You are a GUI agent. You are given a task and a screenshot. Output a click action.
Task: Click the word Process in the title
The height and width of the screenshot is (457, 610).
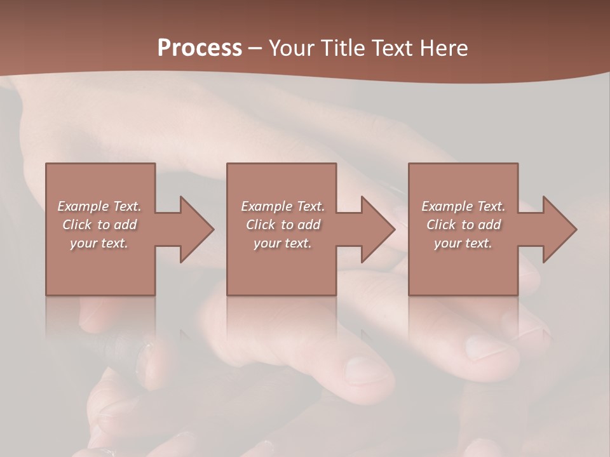200,48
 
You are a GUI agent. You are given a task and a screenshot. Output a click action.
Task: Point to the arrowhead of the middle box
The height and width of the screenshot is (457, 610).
377,229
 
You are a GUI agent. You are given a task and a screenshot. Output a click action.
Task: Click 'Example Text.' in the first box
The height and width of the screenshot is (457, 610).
99,206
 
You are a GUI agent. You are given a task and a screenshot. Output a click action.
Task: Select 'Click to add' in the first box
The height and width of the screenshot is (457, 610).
99,225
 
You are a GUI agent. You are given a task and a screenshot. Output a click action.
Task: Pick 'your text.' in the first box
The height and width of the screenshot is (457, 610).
99,243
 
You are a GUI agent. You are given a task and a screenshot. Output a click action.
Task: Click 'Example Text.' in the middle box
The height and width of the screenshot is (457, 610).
283,206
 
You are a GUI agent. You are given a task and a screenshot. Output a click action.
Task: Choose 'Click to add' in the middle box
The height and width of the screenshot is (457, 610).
283,225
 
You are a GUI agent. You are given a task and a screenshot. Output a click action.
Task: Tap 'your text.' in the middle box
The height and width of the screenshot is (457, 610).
283,243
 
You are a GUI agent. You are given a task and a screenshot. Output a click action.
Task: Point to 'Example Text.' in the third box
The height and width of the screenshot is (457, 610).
463,206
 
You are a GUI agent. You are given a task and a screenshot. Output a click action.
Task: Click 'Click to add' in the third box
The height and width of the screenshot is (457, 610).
463,225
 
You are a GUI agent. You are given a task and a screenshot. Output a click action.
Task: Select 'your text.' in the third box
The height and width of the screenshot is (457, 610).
463,243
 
